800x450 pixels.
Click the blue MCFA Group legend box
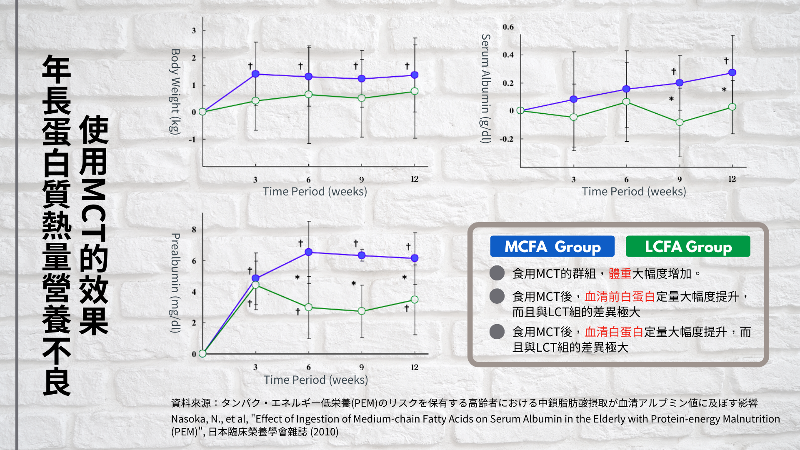tap(552, 247)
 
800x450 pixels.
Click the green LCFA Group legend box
tap(688, 247)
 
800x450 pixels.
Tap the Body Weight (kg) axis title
tap(175, 92)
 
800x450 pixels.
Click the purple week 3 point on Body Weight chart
tap(256, 74)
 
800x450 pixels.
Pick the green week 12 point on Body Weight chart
tap(415, 91)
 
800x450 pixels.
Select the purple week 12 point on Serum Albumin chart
tap(732, 72)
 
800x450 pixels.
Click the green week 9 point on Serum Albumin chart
tap(680, 122)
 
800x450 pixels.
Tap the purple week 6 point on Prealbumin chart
tap(309, 252)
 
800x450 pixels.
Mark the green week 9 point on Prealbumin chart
tap(362, 311)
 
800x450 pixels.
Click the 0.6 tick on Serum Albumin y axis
tap(508, 27)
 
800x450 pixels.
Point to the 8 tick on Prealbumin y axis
tap(194, 230)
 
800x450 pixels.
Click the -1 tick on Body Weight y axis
tap(192, 140)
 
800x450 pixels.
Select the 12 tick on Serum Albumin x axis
tap(732, 179)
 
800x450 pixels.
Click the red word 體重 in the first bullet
tap(620, 274)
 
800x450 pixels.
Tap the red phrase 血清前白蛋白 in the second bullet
tap(620, 297)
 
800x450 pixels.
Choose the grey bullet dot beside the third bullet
tap(497, 332)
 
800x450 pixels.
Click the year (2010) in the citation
tap(325, 432)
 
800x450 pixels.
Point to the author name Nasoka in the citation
tap(187, 419)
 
